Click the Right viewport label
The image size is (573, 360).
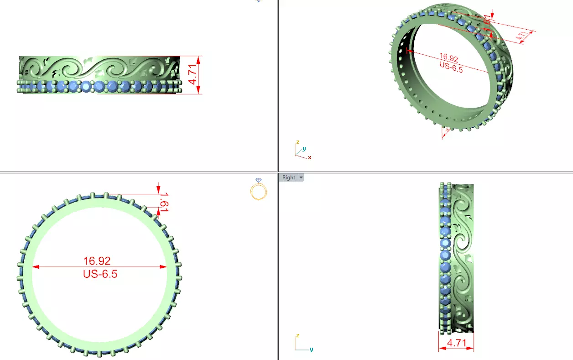pyautogui.click(x=289, y=177)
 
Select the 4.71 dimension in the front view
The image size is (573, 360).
pyautogui.click(x=193, y=75)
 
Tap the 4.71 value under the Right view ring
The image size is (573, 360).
pyautogui.click(x=456, y=343)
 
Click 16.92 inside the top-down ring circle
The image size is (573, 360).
pyautogui.click(x=97, y=261)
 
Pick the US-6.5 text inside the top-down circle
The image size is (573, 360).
pyautogui.click(x=100, y=274)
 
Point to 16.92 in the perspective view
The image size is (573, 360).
pyautogui.click(x=448, y=57)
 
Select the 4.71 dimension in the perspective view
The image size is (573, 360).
pyautogui.click(x=521, y=35)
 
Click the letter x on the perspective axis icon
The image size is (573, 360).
pyautogui.click(x=310, y=157)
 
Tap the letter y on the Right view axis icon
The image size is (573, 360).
pyautogui.click(x=311, y=350)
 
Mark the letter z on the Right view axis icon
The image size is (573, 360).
pyautogui.click(x=297, y=335)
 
